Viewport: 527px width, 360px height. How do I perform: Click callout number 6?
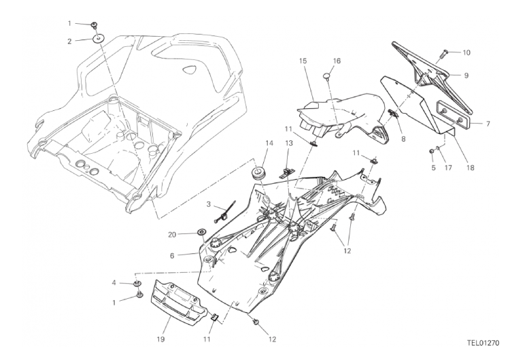173,256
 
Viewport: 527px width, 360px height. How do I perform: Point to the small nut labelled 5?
432,150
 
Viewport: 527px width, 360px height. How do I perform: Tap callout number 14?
269,143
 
